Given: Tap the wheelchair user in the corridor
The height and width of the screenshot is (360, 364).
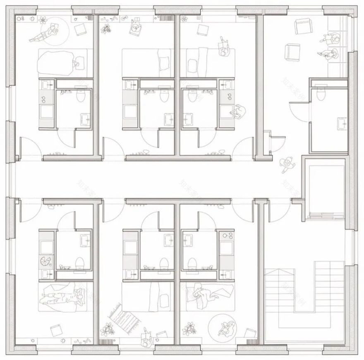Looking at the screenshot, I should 286,165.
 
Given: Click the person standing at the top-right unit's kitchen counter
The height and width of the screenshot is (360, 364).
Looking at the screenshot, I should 237,112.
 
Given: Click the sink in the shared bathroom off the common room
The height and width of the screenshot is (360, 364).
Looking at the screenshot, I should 341,123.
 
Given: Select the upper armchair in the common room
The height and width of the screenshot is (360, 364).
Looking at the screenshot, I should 302,27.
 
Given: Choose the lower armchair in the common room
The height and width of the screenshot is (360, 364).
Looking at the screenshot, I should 292,53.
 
